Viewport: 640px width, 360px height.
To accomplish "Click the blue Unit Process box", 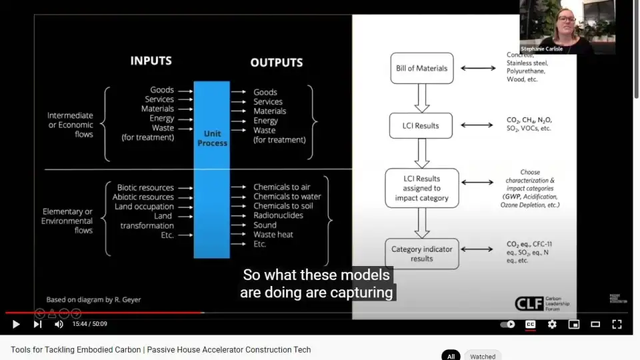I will (x=212, y=169).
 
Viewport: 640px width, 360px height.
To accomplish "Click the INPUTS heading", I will (x=151, y=61).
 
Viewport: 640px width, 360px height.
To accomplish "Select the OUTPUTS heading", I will (x=277, y=63).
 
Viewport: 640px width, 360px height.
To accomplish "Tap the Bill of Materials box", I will (x=421, y=68).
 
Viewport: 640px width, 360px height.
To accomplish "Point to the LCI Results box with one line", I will (x=421, y=125).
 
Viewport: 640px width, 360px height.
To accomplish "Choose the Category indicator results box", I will (x=421, y=253).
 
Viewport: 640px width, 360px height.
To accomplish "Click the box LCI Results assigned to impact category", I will (x=421, y=188).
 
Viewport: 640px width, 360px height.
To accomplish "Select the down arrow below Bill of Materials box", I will (x=421, y=98).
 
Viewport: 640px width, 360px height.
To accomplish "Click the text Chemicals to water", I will (x=287, y=197).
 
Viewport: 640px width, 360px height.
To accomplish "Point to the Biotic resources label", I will (x=145, y=188).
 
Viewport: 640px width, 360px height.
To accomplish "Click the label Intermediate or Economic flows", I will (x=70, y=125).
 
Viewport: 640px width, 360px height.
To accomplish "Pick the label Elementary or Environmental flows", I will (x=67, y=221).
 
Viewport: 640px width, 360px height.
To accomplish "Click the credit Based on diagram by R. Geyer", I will (x=93, y=299).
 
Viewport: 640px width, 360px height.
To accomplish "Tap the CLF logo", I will (x=529, y=303).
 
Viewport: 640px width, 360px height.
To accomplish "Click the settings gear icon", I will (x=552, y=325).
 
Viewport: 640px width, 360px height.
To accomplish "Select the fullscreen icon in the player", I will (x=617, y=325).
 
